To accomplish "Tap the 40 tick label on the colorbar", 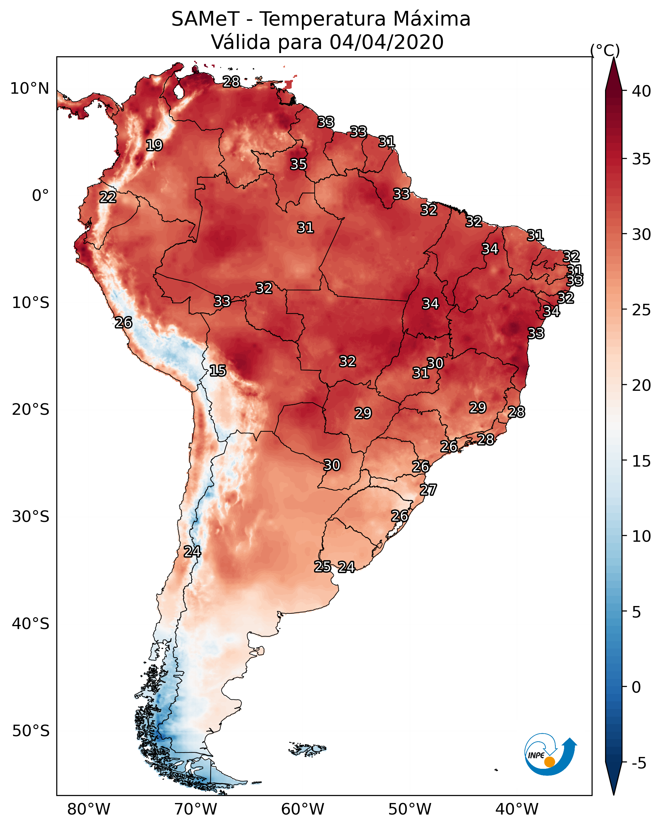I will tap(641, 91).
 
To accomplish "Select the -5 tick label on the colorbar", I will tap(639, 763).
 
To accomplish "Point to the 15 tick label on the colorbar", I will tap(641, 461).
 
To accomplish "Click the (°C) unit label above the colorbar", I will tap(605, 50).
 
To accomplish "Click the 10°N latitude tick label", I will tap(29, 89).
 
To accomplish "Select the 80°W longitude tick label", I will tap(89, 809).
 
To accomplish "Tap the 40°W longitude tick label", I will tap(517, 809).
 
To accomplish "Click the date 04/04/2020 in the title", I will tap(386, 42).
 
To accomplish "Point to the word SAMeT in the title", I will tap(205, 19).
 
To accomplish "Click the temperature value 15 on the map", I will tap(218, 371).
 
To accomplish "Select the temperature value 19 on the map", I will tap(154, 146).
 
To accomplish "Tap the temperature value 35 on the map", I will tap(298, 164).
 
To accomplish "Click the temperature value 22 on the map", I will tap(108, 197).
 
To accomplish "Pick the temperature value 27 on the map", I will tap(428, 490).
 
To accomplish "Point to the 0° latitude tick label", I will tap(40, 196).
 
